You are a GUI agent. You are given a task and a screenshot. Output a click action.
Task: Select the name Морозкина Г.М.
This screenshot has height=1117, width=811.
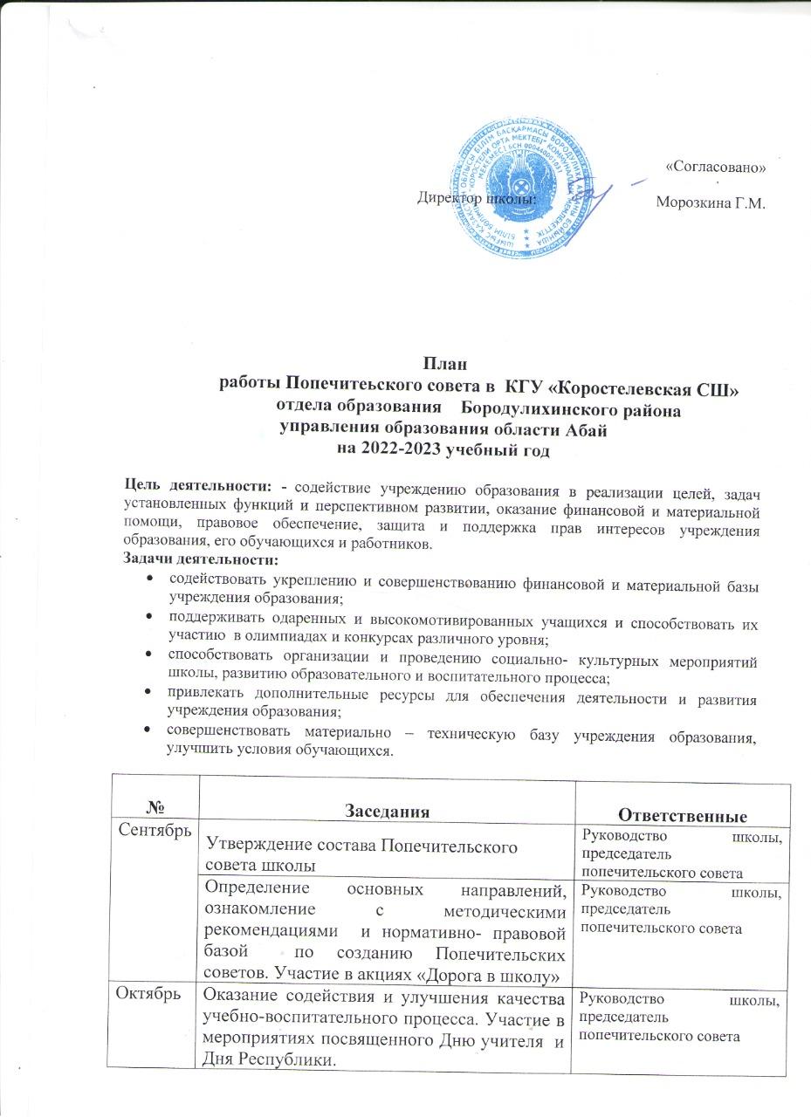(x=710, y=204)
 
